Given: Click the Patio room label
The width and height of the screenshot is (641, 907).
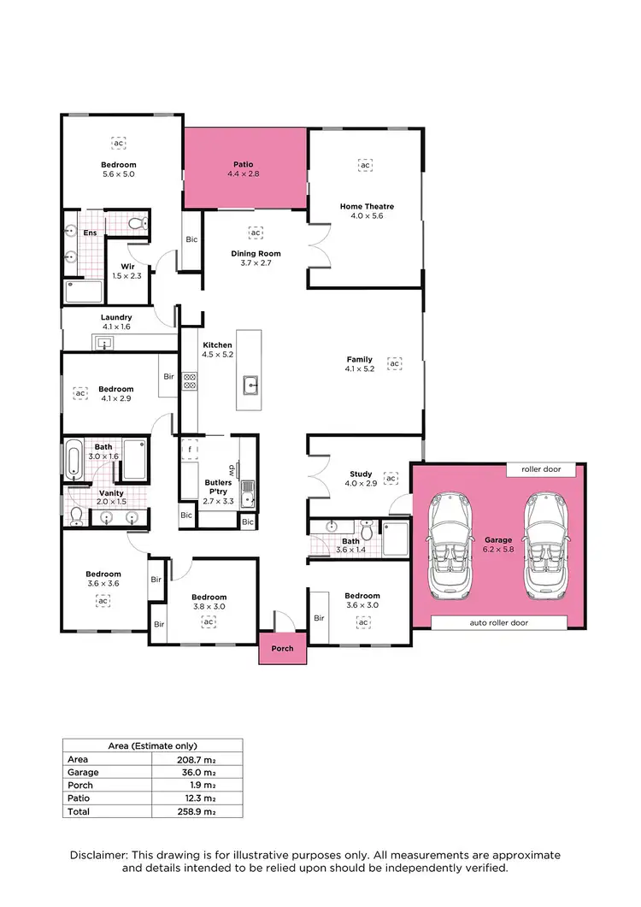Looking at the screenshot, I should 244,168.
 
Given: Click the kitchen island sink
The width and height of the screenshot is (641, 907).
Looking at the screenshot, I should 252,384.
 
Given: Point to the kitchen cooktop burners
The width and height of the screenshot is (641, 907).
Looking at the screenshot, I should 190,381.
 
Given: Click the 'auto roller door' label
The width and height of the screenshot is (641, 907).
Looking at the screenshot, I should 498,623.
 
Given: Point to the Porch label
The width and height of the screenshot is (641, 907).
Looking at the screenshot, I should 282,649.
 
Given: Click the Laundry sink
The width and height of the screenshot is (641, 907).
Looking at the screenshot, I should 105,344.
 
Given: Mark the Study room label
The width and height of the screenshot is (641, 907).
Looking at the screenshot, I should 360,479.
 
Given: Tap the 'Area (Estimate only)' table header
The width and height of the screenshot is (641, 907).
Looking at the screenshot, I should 152,745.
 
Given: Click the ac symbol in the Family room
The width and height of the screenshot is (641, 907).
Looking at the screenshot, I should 394,363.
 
